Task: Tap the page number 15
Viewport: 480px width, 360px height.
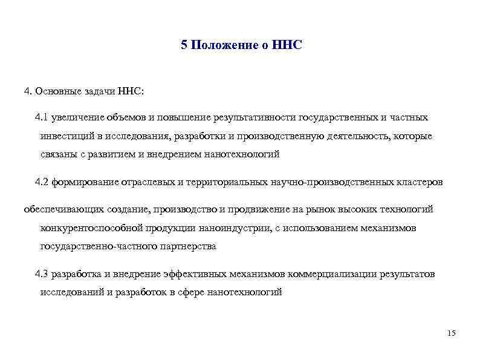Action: pos(450,333)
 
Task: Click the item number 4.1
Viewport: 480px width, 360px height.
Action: pos(42,117)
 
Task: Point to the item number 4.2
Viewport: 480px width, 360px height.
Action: pos(42,182)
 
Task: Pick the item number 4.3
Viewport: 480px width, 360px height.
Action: pos(42,274)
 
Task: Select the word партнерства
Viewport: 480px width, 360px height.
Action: pos(186,246)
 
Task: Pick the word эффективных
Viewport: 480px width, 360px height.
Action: pos(195,274)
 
